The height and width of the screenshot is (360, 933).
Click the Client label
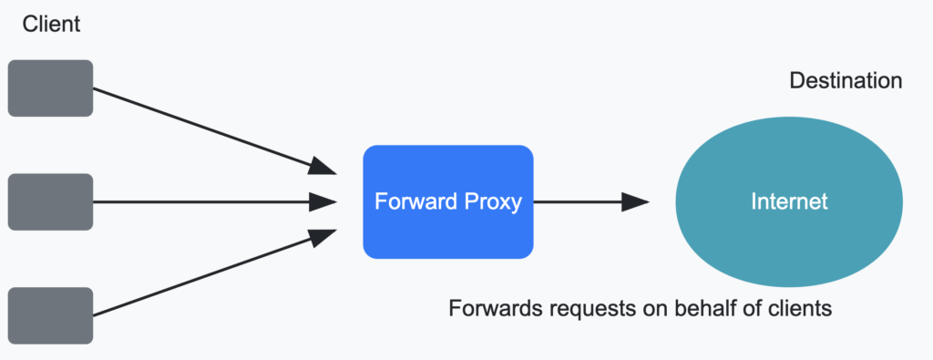[x=51, y=25]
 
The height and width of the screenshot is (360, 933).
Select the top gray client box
[x=50, y=88]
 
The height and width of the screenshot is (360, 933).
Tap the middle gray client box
[x=50, y=201]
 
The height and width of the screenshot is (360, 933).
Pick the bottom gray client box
[x=50, y=315]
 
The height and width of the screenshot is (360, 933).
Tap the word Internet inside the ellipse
[x=789, y=201]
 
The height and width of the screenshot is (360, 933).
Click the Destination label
[x=846, y=81]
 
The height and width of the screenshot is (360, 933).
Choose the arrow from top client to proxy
[x=210, y=129]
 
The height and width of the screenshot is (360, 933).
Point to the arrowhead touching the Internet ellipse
[x=635, y=201]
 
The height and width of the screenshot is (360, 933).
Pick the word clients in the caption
[x=799, y=308]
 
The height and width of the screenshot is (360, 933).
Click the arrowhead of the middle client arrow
[x=323, y=201]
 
